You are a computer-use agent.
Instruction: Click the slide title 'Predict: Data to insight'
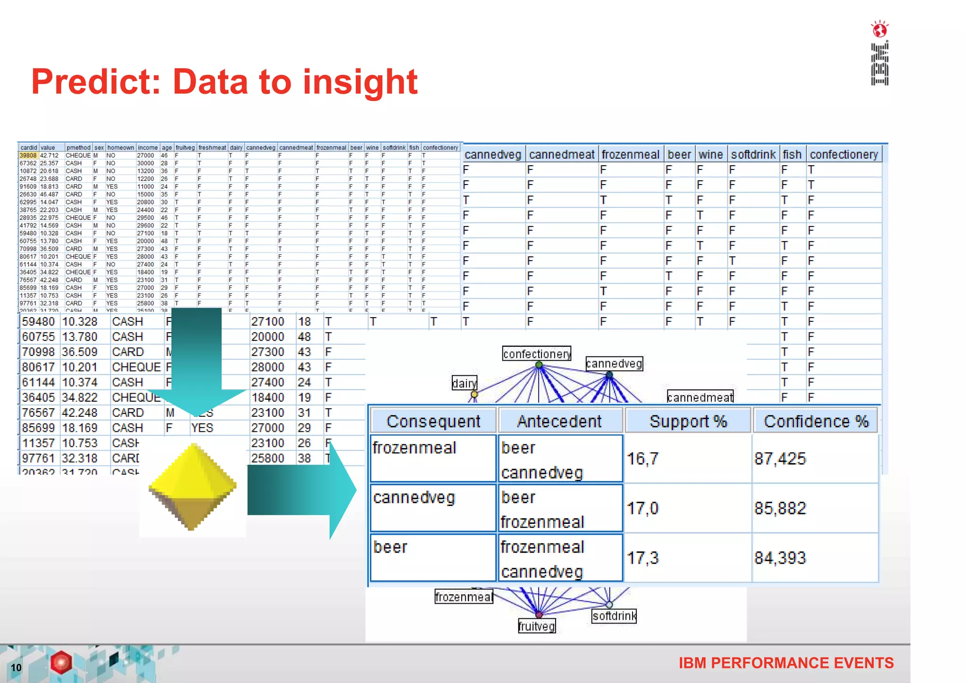coord(225,82)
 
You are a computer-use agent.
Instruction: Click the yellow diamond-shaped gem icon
coord(192,487)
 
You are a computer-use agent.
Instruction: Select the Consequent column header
coord(433,421)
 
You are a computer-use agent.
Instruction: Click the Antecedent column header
coord(559,421)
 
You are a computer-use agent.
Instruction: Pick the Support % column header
coord(688,421)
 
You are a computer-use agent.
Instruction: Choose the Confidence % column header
coord(816,421)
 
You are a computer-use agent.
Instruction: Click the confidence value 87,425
coord(780,459)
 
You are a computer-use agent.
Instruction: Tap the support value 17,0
coord(642,508)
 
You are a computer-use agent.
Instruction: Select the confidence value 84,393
coord(780,558)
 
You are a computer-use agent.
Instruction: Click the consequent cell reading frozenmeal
coord(415,447)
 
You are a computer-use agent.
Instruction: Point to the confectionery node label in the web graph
coord(537,354)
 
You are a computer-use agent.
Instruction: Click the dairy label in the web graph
coord(464,383)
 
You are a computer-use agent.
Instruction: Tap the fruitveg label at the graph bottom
coord(537,626)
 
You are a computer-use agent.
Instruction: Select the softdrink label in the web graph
coord(614,616)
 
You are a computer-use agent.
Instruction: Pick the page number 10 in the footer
coord(16,667)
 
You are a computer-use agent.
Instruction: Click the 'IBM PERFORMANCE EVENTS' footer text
coord(786,663)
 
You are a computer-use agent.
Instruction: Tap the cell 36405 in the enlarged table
coord(38,397)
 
